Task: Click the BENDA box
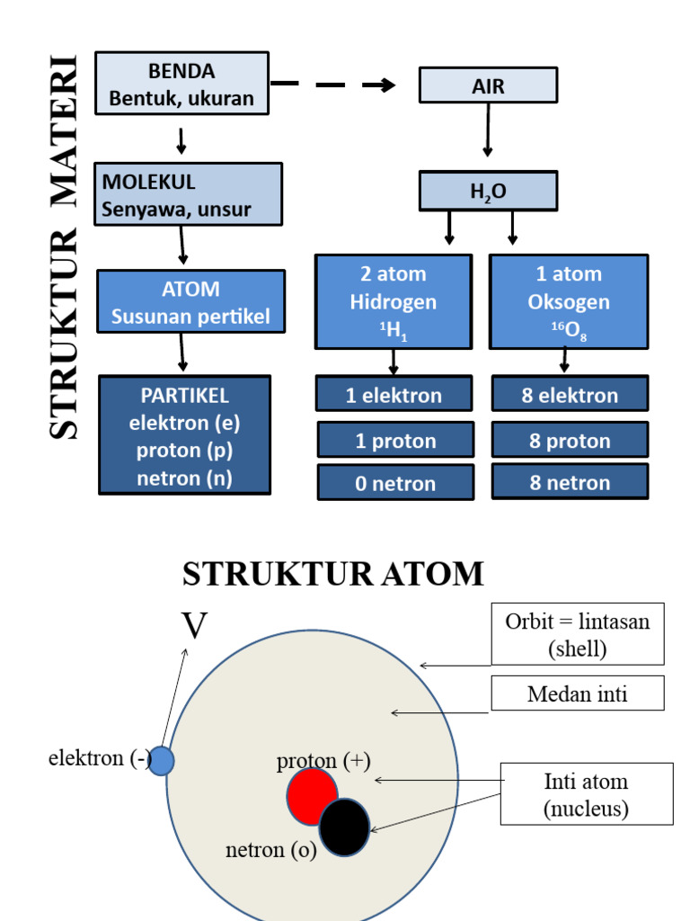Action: click(181, 84)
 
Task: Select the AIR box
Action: click(488, 85)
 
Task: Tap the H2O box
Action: click(488, 191)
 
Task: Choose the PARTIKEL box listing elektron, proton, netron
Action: click(184, 435)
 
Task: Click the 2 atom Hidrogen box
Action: click(393, 301)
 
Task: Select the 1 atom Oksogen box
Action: click(568, 301)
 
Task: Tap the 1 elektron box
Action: click(394, 394)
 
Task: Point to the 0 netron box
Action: click(395, 483)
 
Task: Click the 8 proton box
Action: click(570, 440)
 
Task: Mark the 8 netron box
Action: click(570, 482)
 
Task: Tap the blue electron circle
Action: click(161, 761)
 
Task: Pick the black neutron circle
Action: click(345, 827)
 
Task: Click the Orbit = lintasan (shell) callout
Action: click(577, 634)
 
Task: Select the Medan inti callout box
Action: click(577, 693)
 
